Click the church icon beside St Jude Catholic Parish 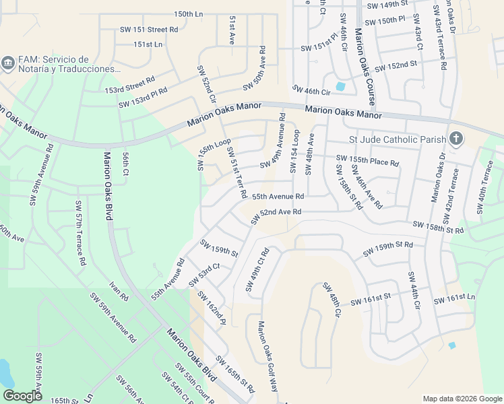click(x=456, y=139)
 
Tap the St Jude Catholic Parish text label click(x=397, y=140)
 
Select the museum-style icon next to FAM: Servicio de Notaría click(x=8, y=64)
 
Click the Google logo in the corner click(x=22, y=396)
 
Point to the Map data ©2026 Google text click(x=462, y=399)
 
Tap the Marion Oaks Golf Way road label click(x=267, y=357)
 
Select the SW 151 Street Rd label click(x=146, y=30)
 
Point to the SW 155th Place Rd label click(x=368, y=160)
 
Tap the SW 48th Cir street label click(x=332, y=300)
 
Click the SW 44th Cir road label click(x=412, y=291)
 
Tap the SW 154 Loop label click(x=294, y=151)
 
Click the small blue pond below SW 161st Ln click(x=451, y=345)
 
